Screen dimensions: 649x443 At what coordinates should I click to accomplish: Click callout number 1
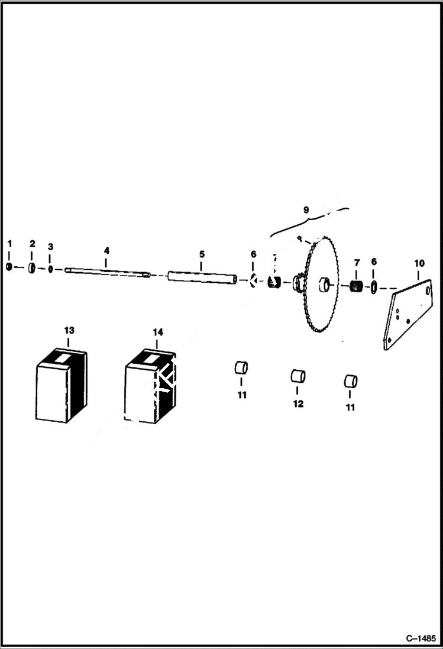pyautogui.click(x=9, y=244)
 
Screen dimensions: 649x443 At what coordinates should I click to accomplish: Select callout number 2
pyautogui.click(x=33, y=244)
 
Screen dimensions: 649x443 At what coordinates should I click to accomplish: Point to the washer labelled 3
pyautogui.click(x=51, y=270)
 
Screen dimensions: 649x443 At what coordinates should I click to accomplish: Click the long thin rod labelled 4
pyautogui.click(x=106, y=272)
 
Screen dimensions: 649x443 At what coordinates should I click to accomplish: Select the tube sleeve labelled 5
pyautogui.click(x=202, y=277)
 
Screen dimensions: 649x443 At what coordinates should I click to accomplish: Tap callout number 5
pyautogui.click(x=202, y=254)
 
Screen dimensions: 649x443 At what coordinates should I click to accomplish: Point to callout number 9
pyautogui.click(x=306, y=209)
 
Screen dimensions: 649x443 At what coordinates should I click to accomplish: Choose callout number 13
pyautogui.click(x=69, y=330)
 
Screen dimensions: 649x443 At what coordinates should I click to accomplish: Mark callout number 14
pyautogui.click(x=158, y=332)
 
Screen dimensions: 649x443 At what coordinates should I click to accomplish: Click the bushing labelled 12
pyautogui.click(x=298, y=376)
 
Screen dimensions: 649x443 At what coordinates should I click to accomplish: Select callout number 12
pyautogui.click(x=298, y=403)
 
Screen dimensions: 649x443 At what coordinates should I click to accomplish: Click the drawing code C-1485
pyautogui.click(x=421, y=638)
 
